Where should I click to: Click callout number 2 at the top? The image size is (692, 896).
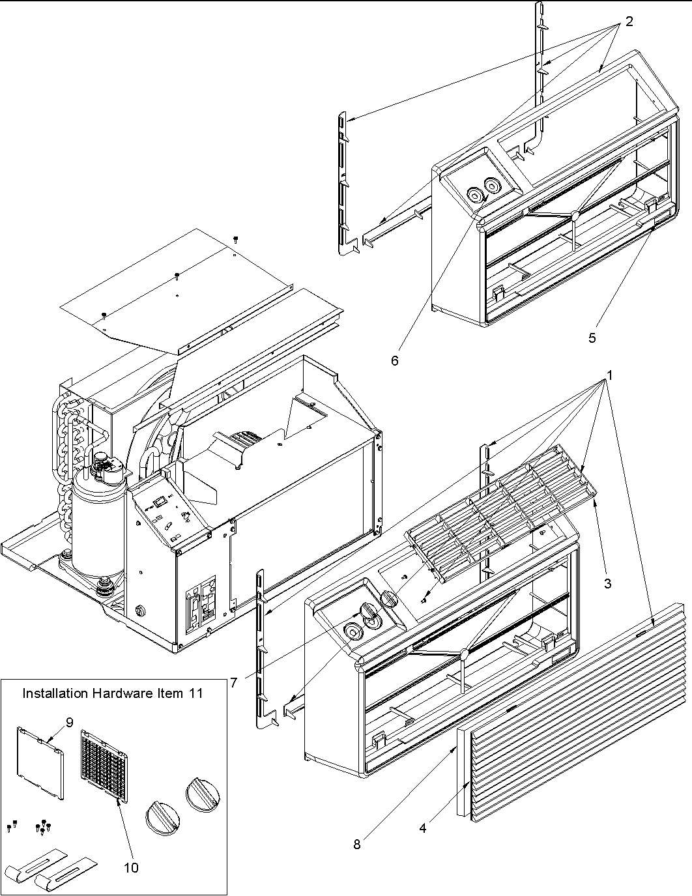[x=629, y=22]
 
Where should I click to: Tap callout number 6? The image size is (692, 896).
[x=395, y=360]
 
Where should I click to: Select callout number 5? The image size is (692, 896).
[x=592, y=338]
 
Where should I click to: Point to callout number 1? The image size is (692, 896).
[x=611, y=375]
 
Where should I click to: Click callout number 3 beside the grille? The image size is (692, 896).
[x=607, y=583]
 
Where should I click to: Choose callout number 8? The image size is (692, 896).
[x=357, y=845]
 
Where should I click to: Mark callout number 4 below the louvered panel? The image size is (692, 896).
[x=423, y=828]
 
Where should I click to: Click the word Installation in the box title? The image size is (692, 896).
[x=55, y=693]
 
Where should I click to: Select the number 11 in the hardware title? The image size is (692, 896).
[x=196, y=693]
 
